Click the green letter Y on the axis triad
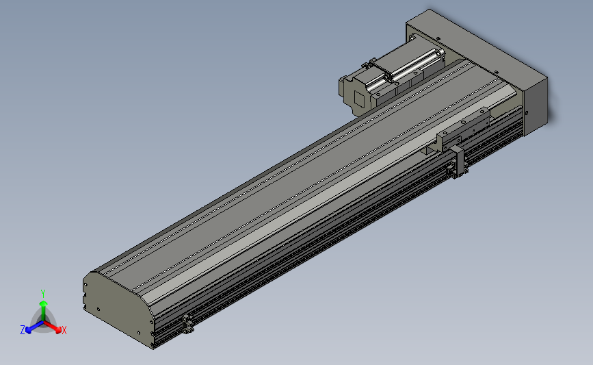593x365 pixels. click(42, 292)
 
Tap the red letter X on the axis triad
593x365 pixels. click(64, 330)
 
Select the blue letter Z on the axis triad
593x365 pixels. click(22, 330)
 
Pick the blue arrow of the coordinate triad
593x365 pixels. click(31, 327)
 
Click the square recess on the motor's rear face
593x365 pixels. click(356, 97)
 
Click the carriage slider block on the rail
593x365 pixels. click(465, 127)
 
